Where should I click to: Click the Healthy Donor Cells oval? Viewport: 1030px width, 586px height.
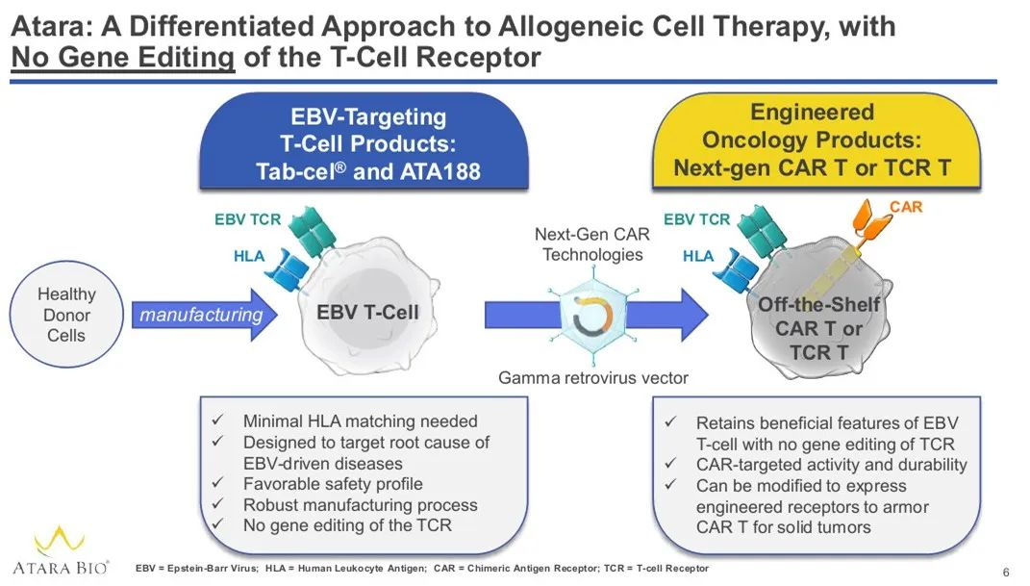point(66,315)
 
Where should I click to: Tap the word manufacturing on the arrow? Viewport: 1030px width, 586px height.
point(201,315)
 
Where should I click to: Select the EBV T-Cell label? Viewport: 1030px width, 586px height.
point(367,312)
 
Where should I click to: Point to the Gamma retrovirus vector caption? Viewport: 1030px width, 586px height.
point(592,378)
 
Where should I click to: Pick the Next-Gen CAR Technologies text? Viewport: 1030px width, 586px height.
point(591,244)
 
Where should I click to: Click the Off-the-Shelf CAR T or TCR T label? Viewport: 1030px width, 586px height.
point(818,328)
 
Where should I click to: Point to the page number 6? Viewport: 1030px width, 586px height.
point(1006,573)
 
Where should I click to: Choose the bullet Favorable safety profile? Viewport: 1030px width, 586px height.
point(332,484)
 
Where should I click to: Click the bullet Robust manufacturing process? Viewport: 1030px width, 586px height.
point(360,505)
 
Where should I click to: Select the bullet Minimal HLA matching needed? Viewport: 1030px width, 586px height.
point(360,421)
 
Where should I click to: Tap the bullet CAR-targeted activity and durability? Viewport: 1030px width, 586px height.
point(831,465)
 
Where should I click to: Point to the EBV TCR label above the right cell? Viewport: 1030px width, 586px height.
point(697,219)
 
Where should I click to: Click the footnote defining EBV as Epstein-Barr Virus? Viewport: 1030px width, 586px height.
point(196,569)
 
